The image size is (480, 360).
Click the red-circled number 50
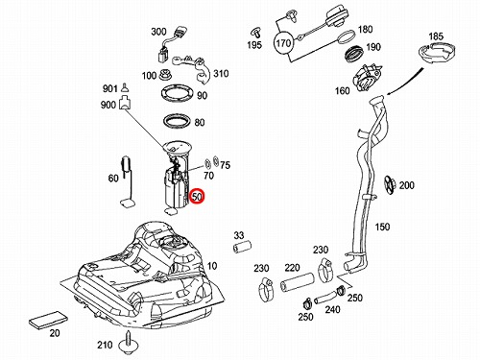pyautogui.click(x=197, y=197)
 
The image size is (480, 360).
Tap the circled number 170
pyautogui.click(x=283, y=43)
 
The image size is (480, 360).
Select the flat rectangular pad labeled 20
pyautogui.click(x=48, y=319)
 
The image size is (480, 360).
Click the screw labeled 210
pyautogui.click(x=128, y=343)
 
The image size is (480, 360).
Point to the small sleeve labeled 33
pyautogui.click(x=242, y=248)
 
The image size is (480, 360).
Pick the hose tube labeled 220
pyautogui.click(x=298, y=282)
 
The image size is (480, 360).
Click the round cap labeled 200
pyautogui.click(x=390, y=184)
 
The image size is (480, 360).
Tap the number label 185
pyautogui.click(x=436, y=36)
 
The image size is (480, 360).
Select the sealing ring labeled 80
pyautogui.click(x=178, y=122)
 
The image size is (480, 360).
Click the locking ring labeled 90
pyautogui.click(x=178, y=94)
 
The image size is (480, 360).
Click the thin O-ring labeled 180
pyautogui.click(x=347, y=36)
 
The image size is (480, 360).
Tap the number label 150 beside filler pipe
pyautogui.click(x=382, y=227)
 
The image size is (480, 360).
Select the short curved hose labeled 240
pyautogui.click(x=325, y=298)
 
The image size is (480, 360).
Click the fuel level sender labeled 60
pyautogui.click(x=128, y=182)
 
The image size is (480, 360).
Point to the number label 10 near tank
pyautogui.click(x=212, y=265)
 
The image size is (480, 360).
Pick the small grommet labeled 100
pyautogui.click(x=166, y=76)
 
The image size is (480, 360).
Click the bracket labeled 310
pyautogui.click(x=193, y=68)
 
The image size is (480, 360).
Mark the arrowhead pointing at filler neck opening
pyautogui.click(x=389, y=93)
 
